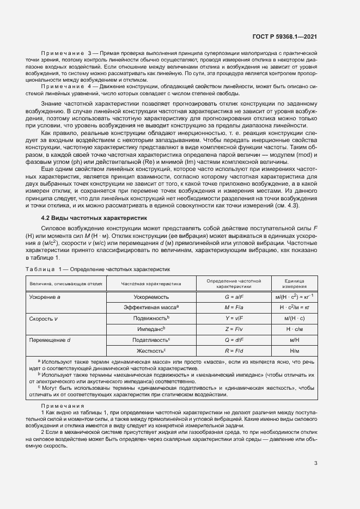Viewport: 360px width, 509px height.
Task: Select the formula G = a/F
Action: pyautogui.click(x=233, y=297)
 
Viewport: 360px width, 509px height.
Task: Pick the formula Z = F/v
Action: pyautogui.click(x=233, y=328)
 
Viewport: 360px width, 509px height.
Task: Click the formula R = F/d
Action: pyautogui.click(x=233, y=349)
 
